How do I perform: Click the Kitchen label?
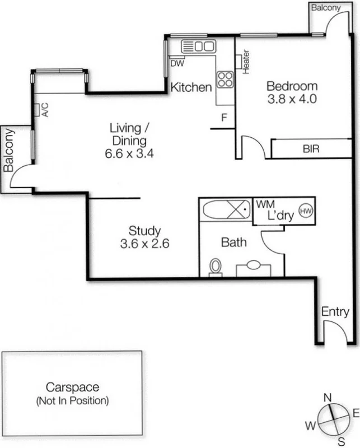tap(191, 87)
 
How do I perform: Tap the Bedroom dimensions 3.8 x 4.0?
tap(292, 100)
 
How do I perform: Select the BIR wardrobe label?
tap(311, 150)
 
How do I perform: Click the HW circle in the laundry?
tap(306, 211)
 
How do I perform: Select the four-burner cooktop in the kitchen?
tap(225, 79)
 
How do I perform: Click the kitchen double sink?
tap(199, 46)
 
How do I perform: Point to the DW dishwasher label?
tap(177, 63)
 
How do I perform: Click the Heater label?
tap(246, 62)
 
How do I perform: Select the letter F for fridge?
tap(224, 118)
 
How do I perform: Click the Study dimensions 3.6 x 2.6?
tap(144, 244)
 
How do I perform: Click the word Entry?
tap(335, 312)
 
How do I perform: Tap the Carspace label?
tap(72, 388)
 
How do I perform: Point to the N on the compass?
tap(328, 398)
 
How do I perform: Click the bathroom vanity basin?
tap(255, 265)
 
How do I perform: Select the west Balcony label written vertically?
tap(9, 150)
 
